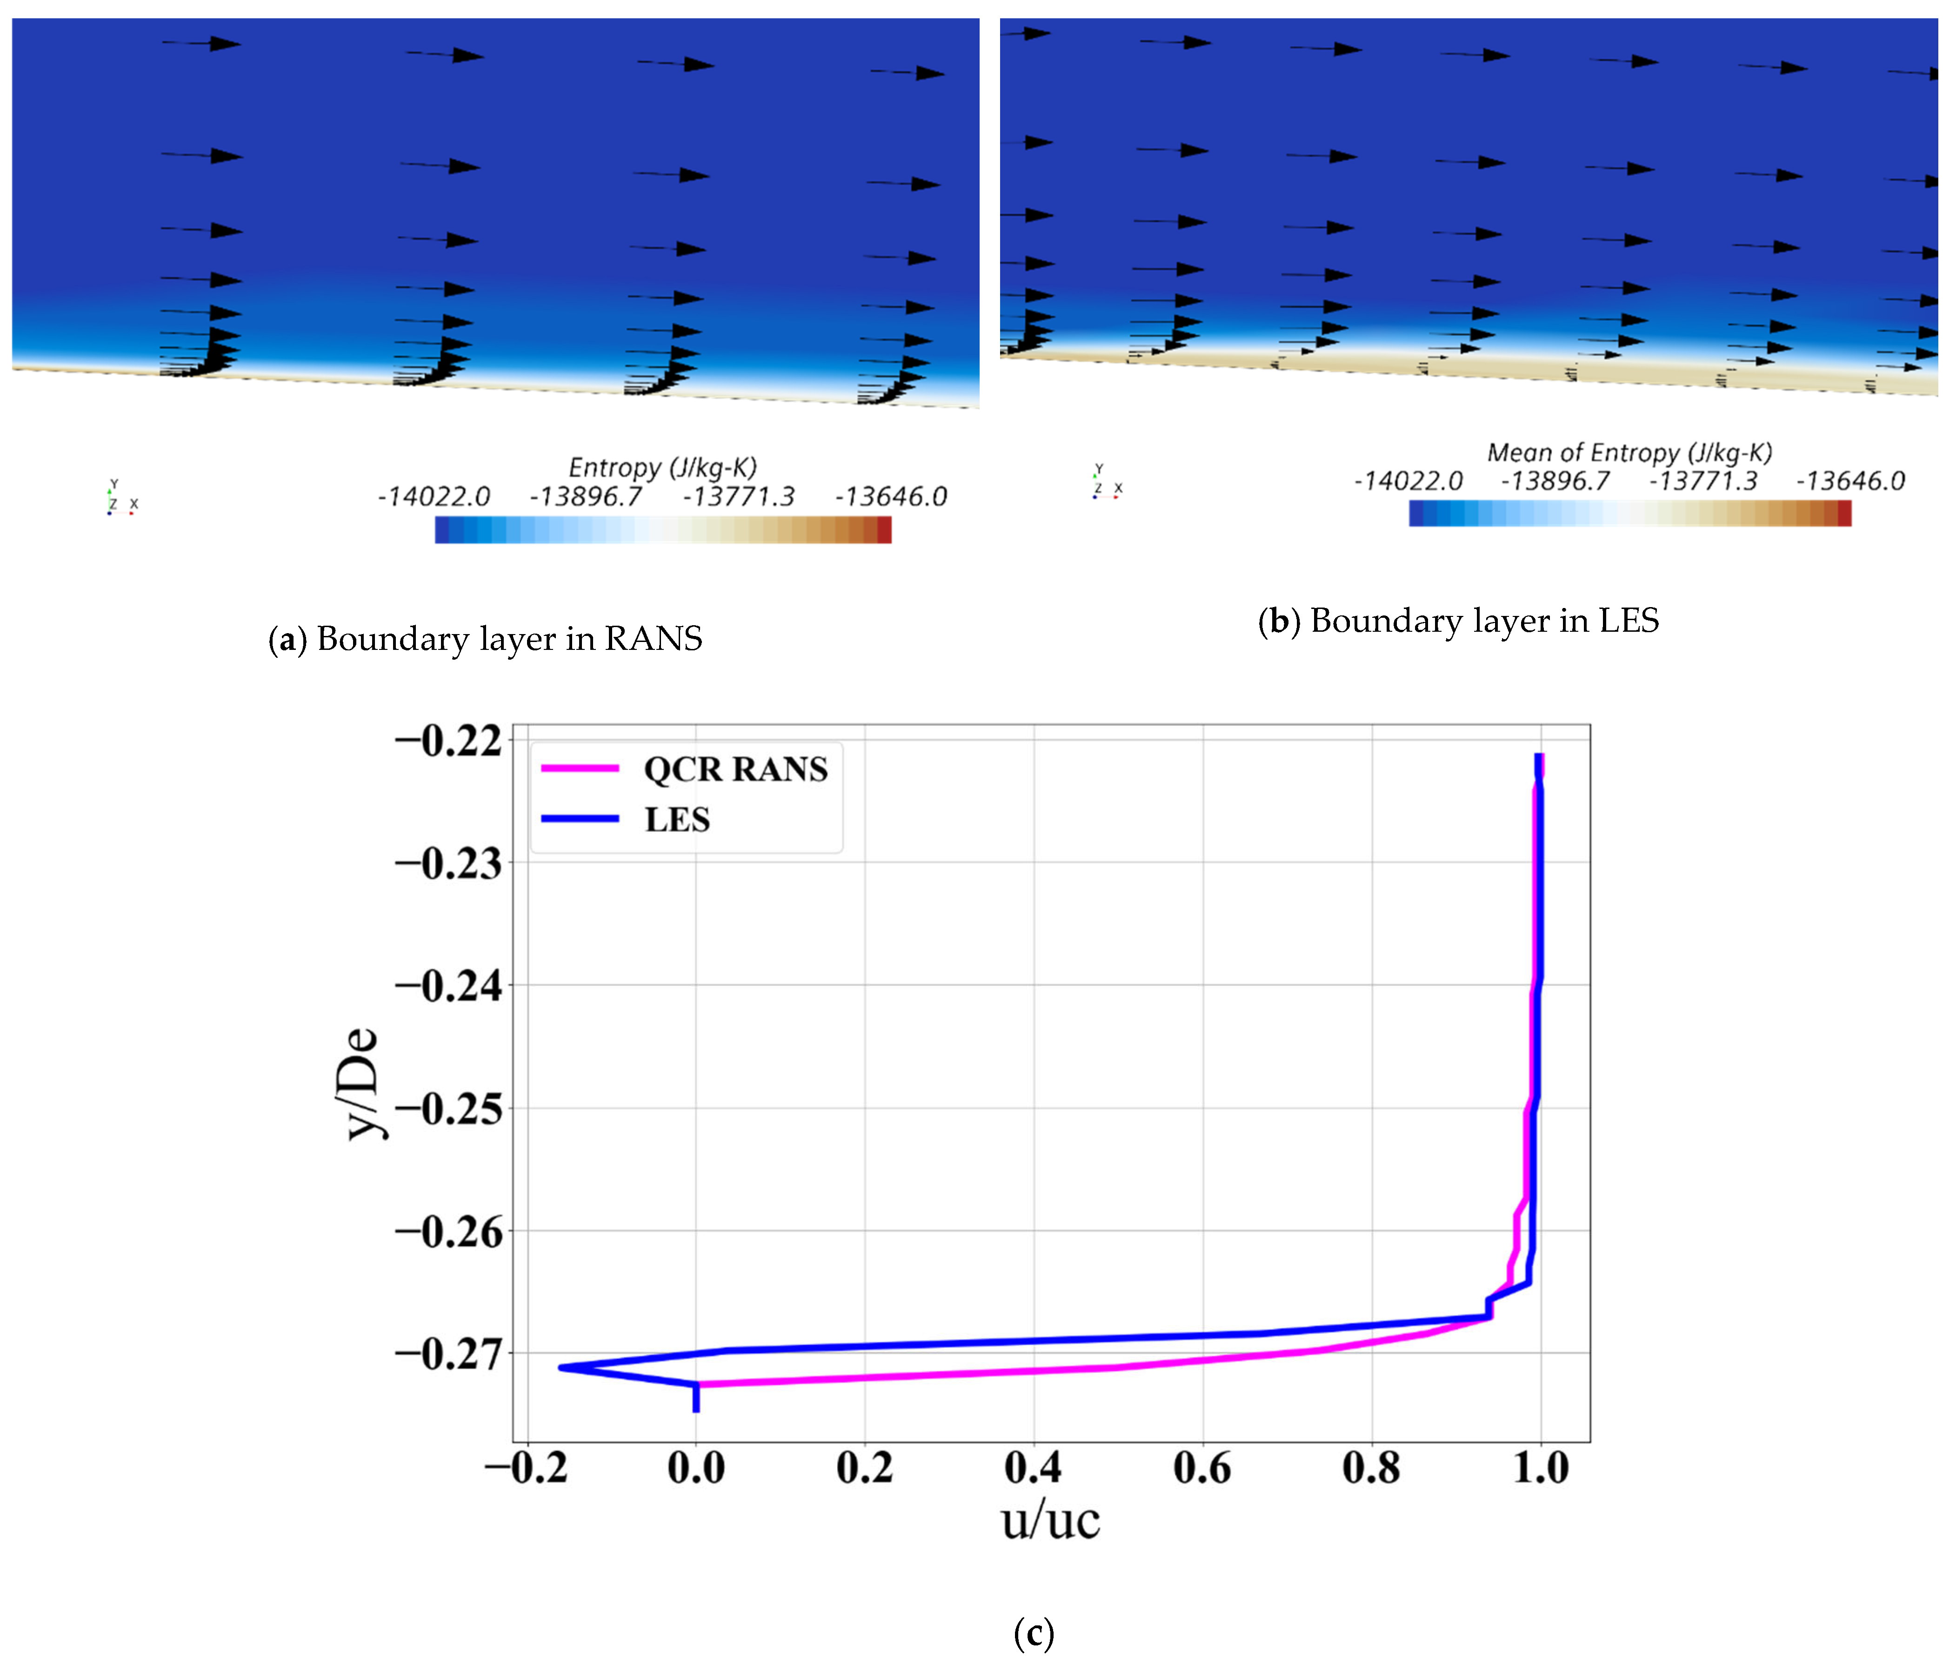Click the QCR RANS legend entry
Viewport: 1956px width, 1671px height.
tap(734, 769)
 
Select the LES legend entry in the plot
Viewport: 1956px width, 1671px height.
tap(676, 820)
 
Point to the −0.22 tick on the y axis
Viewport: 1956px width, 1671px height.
tap(448, 741)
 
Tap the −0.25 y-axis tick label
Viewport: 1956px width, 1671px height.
tap(448, 1110)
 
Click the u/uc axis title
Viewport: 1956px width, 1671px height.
tap(1051, 1520)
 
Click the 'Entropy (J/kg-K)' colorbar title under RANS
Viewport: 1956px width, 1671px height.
tap(663, 468)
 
